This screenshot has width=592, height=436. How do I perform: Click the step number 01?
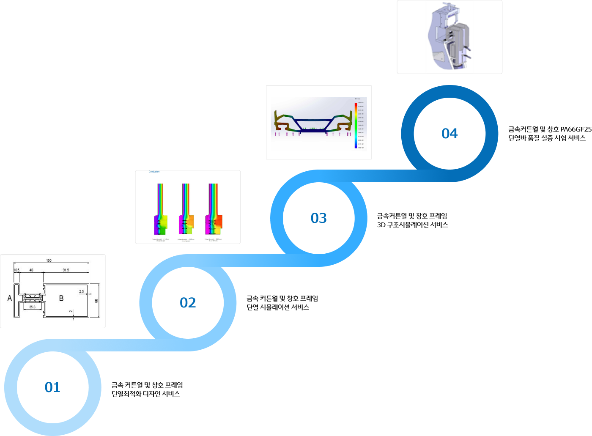[x=52, y=387]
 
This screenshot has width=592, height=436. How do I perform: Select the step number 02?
[x=188, y=302]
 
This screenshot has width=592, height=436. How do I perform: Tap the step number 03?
[x=318, y=218]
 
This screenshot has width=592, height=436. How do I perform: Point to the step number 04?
[x=449, y=133]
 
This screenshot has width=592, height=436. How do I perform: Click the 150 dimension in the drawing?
[x=49, y=261]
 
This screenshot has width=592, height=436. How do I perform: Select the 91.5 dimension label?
[x=66, y=270]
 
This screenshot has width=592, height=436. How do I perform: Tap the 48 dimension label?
[x=31, y=270]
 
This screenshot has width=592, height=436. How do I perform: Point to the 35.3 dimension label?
[x=32, y=307]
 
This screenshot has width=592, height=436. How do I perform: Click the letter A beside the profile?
[x=10, y=298]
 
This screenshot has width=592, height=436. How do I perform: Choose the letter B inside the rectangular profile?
[x=61, y=298]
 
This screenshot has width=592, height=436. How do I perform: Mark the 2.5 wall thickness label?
[x=81, y=291]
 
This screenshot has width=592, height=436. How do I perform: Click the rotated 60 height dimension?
[x=96, y=301]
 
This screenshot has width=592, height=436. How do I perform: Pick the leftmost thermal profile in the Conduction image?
[x=161, y=209]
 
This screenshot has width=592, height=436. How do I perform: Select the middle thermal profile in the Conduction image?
[x=186, y=209]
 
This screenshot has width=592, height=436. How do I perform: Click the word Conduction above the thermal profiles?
[x=154, y=172]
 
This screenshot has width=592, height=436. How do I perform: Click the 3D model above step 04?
[x=449, y=37]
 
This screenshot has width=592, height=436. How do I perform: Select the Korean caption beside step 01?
[x=147, y=389]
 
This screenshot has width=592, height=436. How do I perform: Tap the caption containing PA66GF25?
[x=549, y=134]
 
